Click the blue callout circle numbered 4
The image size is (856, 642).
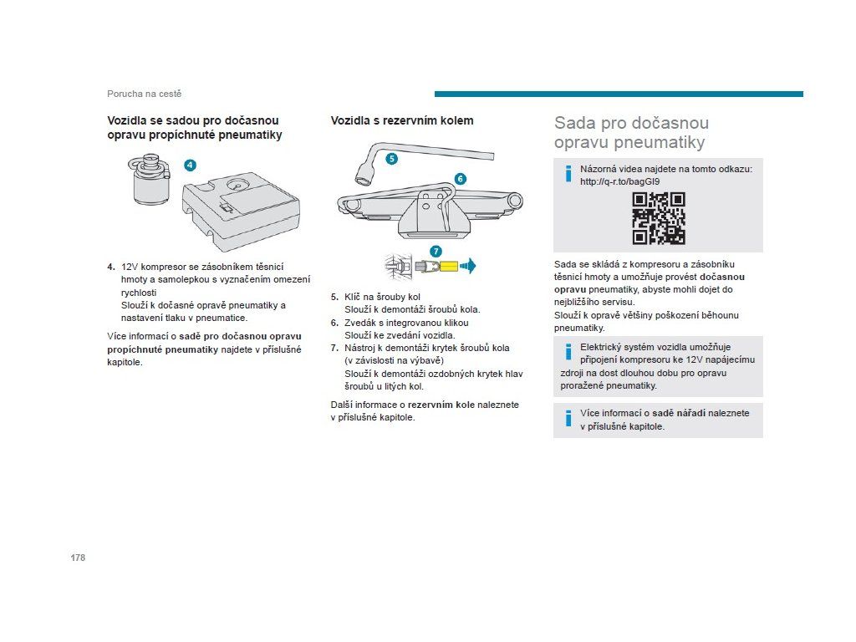(190, 165)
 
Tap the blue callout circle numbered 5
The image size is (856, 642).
(392, 159)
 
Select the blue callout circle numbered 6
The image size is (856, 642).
(461, 179)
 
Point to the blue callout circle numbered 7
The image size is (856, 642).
(436, 252)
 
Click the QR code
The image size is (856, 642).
(659, 218)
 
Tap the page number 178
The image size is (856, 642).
(78, 558)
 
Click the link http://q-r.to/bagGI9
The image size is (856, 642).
(619, 181)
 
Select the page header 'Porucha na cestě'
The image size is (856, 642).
(144, 94)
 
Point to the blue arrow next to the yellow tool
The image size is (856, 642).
(468, 267)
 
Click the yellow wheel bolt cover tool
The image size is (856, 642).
(449, 267)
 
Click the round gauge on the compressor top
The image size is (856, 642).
(237, 184)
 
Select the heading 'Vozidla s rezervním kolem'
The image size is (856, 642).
(402, 120)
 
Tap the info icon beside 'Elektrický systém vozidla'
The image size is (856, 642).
(568, 352)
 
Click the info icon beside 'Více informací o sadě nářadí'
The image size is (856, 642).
(568, 418)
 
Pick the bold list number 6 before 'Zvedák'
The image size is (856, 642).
(334, 323)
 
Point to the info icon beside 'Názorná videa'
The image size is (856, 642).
(568, 174)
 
